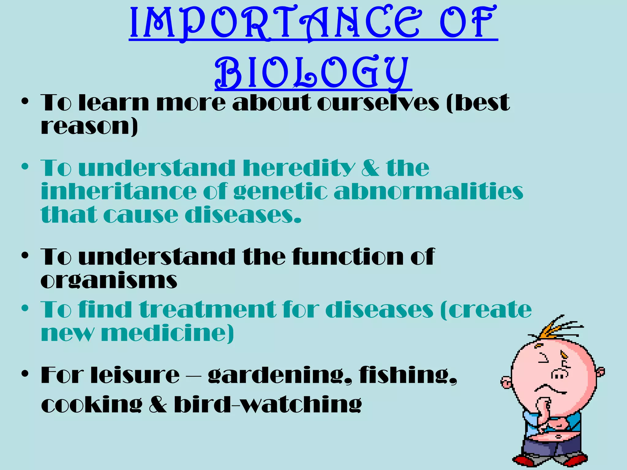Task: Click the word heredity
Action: click(x=299, y=168)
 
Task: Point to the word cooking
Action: click(x=92, y=405)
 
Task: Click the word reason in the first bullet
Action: click(x=89, y=126)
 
